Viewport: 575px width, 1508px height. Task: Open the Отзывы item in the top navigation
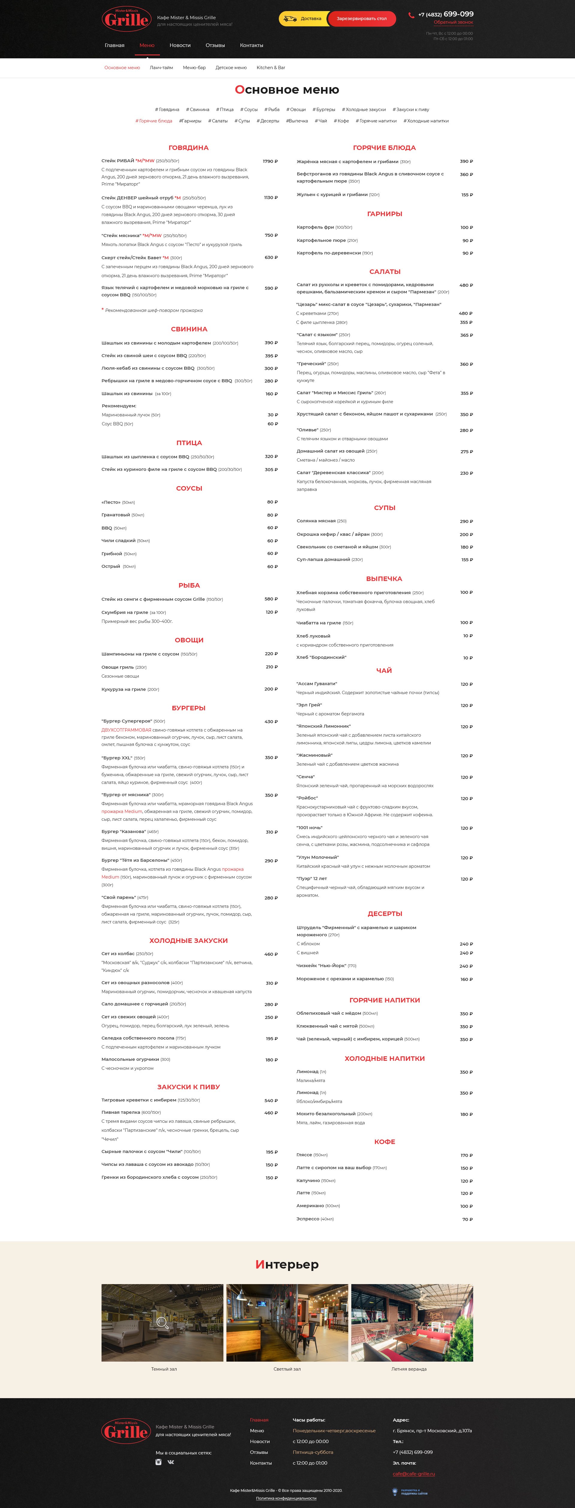[215, 45]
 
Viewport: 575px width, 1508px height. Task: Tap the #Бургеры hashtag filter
[324, 110]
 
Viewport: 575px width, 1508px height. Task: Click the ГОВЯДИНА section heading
[189, 148]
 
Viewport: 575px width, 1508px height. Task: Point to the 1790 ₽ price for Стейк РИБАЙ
[270, 161]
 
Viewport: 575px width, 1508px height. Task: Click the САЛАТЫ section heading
[385, 271]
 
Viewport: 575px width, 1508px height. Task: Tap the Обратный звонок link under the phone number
[453, 22]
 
